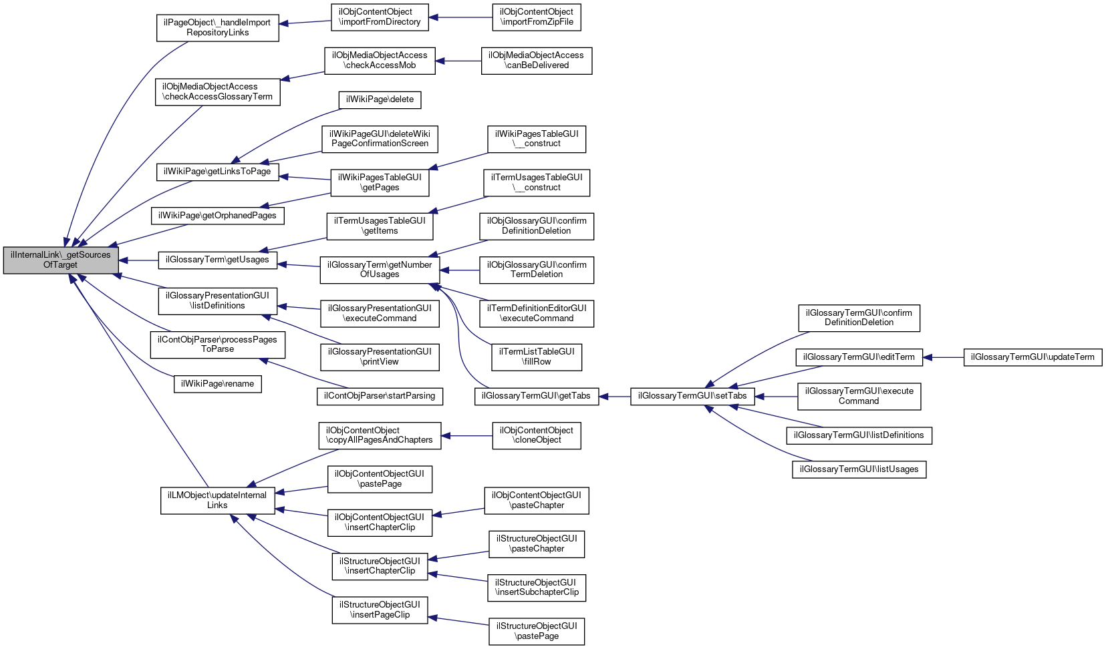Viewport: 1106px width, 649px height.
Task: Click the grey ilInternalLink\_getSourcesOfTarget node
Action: [x=61, y=260]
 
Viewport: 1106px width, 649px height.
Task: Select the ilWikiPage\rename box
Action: [x=217, y=384]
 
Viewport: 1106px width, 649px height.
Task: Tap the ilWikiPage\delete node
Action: [x=380, y=99]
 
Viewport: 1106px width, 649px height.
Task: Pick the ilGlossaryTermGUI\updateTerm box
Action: [x=1032, y=357]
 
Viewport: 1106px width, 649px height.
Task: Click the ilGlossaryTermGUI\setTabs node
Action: [x=692, y=396]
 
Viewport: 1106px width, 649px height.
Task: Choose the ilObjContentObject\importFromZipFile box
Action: [x=536, y=17]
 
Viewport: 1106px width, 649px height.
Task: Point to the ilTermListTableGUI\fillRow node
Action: [x=536, y=357]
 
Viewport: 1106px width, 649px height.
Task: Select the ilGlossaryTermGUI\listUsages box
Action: [x=859, y=469]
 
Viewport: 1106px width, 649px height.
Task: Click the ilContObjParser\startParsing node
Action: [x=380, y=396]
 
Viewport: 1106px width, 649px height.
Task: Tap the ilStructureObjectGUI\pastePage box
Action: [x=536, y=631]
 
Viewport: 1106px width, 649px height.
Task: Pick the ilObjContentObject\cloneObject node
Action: [x=536, y=435]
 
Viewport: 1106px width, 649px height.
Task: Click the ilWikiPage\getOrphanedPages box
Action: [x=217, y=216]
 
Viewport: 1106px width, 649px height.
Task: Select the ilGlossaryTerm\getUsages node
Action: [x=217, y=260]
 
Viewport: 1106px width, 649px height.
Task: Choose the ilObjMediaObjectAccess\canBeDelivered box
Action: [x=536, y=61]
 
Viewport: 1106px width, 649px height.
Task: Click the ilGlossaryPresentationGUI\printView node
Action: [x=380, y=357]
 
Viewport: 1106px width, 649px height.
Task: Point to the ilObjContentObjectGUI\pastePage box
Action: [x=380, y=479]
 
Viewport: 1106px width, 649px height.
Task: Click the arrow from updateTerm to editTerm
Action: [x=943, y=357]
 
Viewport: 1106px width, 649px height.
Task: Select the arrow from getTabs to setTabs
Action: [x=615, y=396]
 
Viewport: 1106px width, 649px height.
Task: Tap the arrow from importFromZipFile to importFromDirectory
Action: [x=460, y=17]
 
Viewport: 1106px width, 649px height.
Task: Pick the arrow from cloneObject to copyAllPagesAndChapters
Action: [x=466, y=435]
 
